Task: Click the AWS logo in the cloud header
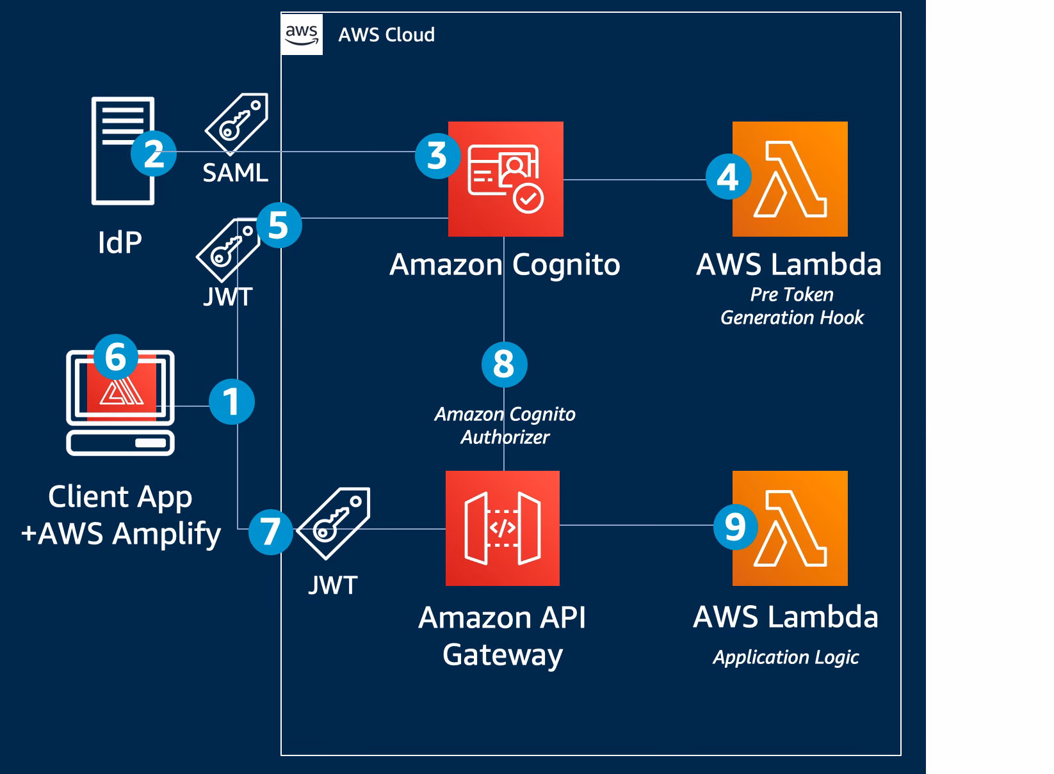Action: point(302,35)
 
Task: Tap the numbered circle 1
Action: point(232,402)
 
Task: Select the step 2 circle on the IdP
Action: point(154,154)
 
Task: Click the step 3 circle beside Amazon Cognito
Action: point(437,156)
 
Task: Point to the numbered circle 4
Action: point(729,177)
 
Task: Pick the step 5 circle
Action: point(279,225)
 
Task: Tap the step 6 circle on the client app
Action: point(116,357)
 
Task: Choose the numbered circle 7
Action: point(271,532)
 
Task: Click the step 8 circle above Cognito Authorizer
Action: point(505,364)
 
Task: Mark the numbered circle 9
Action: point(736,527)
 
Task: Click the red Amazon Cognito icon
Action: point(506,179)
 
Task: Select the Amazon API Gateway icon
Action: point(503,528)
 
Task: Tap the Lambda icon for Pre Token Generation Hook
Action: point(790,179)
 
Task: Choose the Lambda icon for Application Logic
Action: point(790,528)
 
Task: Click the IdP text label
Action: point(120,242)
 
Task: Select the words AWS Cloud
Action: point(386,35)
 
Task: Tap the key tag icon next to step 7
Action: point(334,523)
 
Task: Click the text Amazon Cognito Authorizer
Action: point(505,426)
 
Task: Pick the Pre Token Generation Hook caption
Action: point(792,306)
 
